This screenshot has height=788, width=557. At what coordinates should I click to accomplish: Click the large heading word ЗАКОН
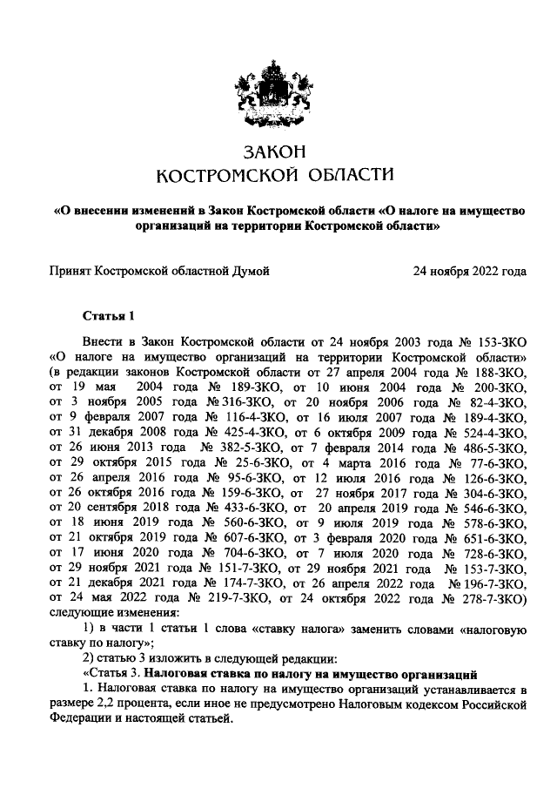(275, 152)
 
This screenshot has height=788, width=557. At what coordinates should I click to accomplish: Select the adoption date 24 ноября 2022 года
(470, 271)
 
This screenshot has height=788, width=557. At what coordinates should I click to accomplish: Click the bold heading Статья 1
(109, 314)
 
